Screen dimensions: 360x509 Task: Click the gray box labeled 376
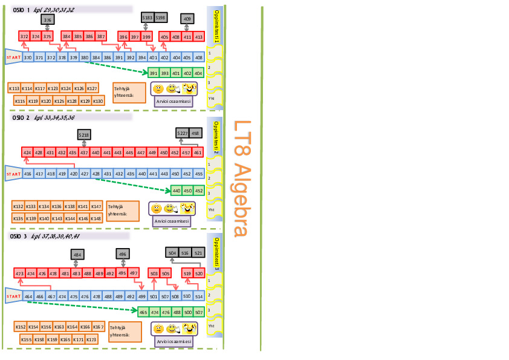click(48, 21)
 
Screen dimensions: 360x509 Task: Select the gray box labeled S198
click(160, 18)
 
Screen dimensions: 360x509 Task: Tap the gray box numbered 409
click(187, 19)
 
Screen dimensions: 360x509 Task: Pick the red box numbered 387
click(101, 37)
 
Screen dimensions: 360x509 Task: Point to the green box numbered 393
click(165, 73)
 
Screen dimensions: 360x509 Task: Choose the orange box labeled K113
click(14, 88)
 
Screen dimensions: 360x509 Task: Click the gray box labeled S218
click(85, 134)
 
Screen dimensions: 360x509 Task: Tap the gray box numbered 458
click(195, 133)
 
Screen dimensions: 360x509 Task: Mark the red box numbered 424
click(27, 153)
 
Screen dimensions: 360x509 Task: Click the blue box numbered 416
click(27, 174)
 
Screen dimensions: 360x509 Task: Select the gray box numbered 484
click(77, 255)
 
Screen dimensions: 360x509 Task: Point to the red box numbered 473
click(19, 274)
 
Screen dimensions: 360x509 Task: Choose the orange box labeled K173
click(91, 339)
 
